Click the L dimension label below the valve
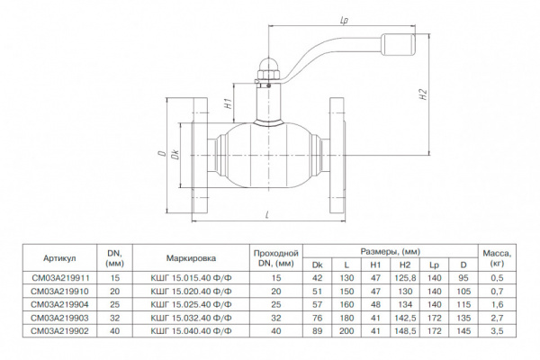point(268,213)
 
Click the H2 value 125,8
point(406,280)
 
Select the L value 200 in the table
point(346,330)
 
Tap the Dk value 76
point(317,318)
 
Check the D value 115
point(463,305)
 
